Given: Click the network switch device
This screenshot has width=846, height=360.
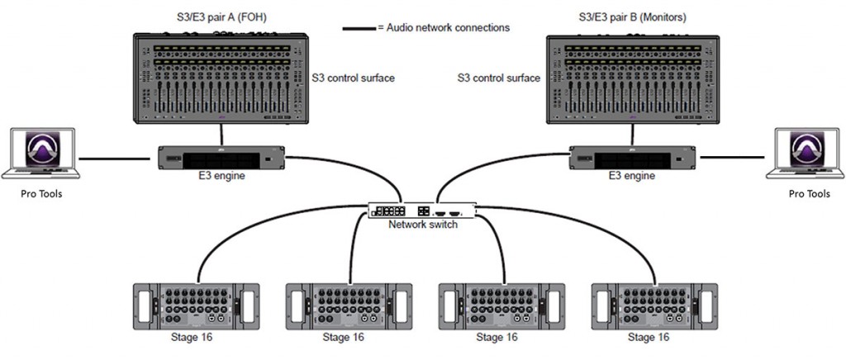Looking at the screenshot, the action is (422, 211).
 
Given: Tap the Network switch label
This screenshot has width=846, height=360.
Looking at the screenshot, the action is (423, 225).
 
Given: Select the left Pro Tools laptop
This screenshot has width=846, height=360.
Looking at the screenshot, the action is (41, 153).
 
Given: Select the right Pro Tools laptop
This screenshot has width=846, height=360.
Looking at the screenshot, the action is (805, 153).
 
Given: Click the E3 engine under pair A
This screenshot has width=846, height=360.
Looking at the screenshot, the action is (221, 158).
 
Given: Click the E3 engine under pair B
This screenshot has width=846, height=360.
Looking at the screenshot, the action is (634, 158).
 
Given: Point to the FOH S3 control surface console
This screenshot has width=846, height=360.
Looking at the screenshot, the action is (221, 78).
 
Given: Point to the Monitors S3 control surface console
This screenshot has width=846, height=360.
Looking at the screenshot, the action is (634, 79).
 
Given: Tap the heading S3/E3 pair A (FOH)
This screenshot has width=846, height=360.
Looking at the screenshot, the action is (223, 18).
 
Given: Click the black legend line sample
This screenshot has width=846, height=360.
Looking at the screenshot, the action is (359, 27).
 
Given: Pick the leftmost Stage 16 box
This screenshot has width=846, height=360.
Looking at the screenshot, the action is (197, 306).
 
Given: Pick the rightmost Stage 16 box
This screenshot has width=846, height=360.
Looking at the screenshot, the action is (654, 306).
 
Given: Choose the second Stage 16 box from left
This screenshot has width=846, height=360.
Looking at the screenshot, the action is (349, 306).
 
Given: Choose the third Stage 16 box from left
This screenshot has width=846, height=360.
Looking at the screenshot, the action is (501, 306).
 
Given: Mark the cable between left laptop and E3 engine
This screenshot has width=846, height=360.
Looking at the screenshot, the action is (114, 159).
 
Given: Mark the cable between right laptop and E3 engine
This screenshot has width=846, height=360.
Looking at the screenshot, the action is (732, 158).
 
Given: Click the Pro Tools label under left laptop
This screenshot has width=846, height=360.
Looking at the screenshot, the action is (41, 193).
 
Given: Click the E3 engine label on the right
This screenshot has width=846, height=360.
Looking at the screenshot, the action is (632, 176).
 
